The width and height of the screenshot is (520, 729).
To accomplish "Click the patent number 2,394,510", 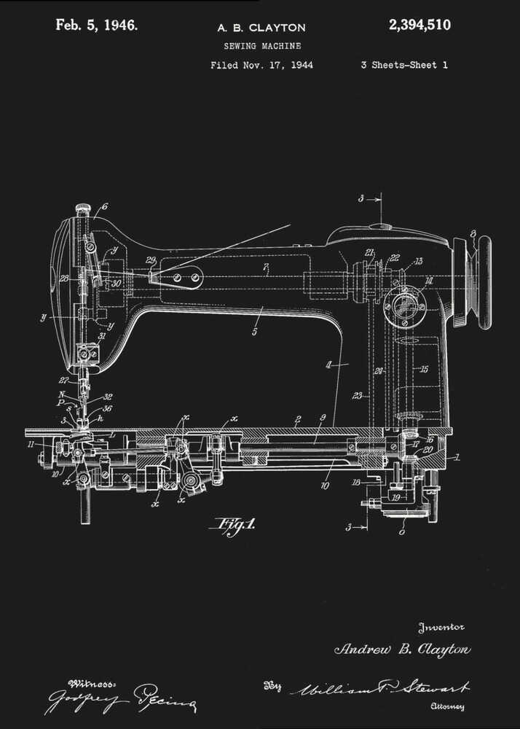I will pos(419,26).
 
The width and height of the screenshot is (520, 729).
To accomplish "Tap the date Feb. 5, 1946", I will pos(96,26).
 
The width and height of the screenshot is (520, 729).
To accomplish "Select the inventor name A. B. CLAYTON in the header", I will pos(261,28).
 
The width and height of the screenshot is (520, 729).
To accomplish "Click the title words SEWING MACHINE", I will pos(261,46).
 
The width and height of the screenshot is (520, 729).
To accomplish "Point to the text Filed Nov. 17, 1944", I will pos(261,65).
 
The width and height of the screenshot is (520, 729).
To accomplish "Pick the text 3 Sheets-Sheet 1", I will pos(403,65).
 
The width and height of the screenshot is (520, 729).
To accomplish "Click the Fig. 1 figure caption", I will pos(232,524).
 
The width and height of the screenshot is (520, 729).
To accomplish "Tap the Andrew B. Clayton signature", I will pos(402,650).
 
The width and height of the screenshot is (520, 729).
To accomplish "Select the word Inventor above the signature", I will pos(441,627).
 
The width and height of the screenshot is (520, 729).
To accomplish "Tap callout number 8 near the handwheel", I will pos(473,234).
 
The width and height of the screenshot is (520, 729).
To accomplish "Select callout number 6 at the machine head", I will pos(104,207).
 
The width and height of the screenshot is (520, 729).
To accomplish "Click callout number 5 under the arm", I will pos(254,332).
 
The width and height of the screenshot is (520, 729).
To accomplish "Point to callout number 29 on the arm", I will pos(150,260).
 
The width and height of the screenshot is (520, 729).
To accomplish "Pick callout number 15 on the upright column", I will pos(424,369).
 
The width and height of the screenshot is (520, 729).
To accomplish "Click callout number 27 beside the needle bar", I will pos(63,380).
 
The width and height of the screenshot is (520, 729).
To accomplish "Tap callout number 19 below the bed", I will pos(395,497).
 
